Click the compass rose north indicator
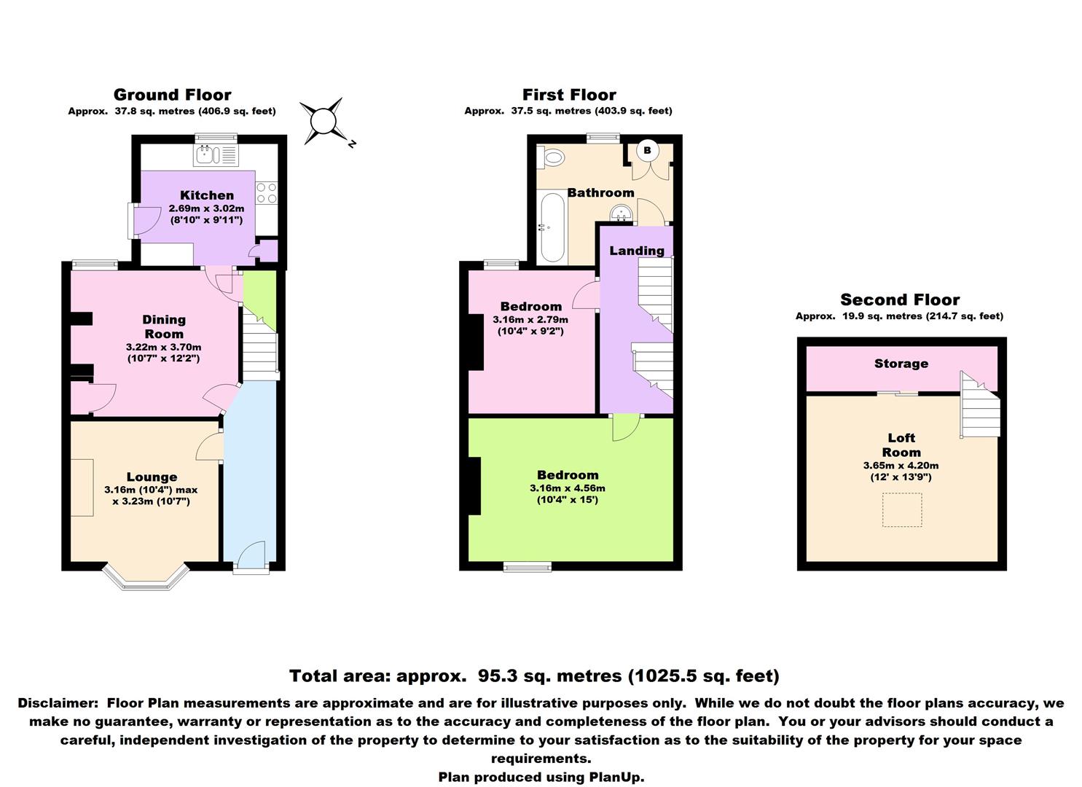[353, 144]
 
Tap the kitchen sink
[216, 155]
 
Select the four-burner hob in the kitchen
[267, 193]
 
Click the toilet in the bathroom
[552, 157]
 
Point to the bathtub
[552, 227]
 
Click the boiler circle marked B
[647, 150]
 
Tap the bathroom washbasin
[622, 213]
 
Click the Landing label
[637, 250]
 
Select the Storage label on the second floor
[901, 364]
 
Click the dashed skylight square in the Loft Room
[902, 509]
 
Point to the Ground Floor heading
[173, 94]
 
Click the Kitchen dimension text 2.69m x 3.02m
[206, 208]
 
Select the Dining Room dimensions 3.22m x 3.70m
[164, 347]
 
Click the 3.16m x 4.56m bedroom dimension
[568, 488]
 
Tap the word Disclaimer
[58, 703]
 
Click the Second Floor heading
[900, 299]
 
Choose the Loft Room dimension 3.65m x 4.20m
[901, 466]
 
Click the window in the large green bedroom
[528, 567]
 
